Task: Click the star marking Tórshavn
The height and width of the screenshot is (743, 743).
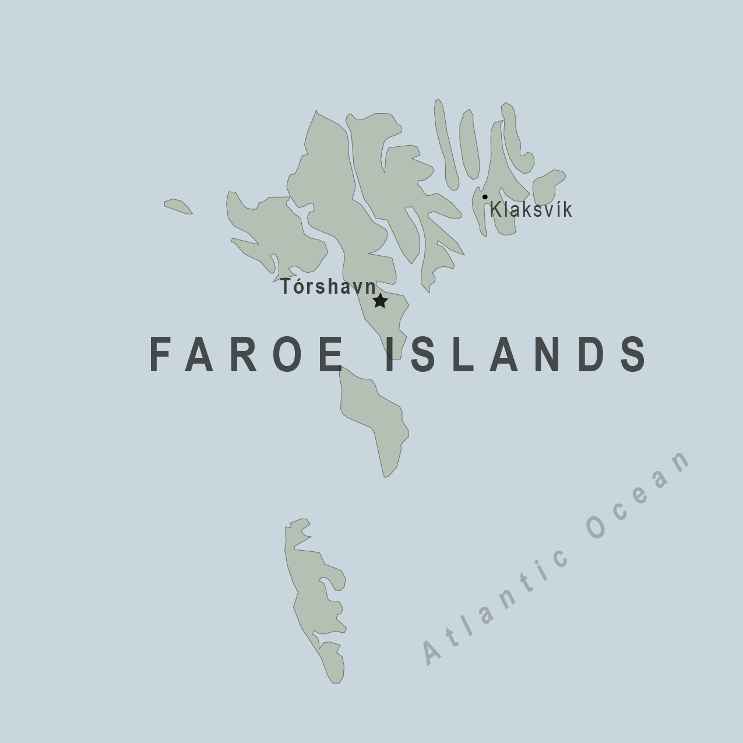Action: point(380,301)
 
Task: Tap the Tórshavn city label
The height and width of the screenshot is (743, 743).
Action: point(328,287)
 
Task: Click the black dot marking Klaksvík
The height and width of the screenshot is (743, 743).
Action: point(485,197)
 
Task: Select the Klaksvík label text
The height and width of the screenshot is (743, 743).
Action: point(531,210)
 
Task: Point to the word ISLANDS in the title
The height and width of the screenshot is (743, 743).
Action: point(516,354)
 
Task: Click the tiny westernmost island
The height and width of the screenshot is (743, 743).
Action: point(178,206)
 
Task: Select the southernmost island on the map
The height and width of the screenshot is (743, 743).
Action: point(315,600)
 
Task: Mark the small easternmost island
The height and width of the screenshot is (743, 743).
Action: point(548,186)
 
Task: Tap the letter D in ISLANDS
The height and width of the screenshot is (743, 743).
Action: point(593,354)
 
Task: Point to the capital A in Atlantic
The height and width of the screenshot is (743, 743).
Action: point(432,652)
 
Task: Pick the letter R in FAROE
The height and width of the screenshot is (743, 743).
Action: point(245,354)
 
